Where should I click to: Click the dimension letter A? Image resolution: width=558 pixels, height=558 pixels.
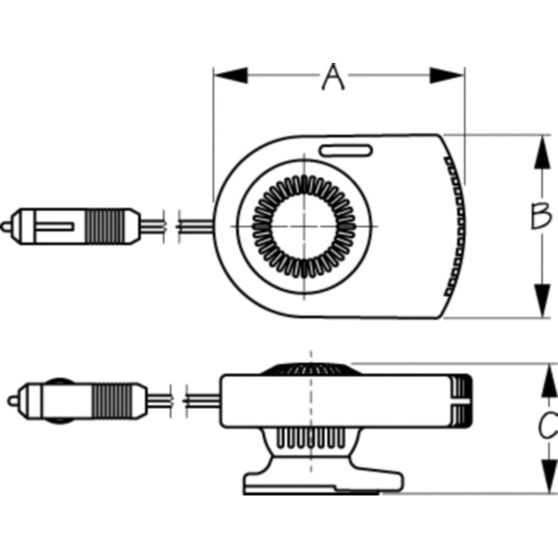(333, 77)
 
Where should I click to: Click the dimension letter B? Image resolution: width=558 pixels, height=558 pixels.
(541, 216)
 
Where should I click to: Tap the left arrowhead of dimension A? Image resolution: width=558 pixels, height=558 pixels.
(231, 75)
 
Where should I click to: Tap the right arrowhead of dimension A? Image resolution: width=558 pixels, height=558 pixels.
(446, 75)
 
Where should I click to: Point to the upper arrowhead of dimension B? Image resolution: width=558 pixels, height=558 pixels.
(542, 152)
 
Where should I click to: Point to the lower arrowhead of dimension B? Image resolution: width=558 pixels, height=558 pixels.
(542, 301)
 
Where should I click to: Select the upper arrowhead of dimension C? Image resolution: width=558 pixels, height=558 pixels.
(550, 381)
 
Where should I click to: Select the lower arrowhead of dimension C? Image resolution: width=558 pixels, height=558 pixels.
(550, 476)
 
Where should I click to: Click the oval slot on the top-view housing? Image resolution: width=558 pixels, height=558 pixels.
(345, 150)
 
